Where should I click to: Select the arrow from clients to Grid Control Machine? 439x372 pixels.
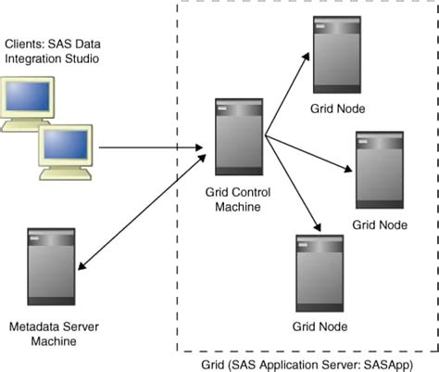[148, 148]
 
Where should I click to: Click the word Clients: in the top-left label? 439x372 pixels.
[25, 45]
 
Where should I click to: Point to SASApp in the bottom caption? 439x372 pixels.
[395, 364]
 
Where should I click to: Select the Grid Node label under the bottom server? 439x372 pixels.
[320, 327]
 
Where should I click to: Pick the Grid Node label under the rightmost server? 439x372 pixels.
[380, 224]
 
